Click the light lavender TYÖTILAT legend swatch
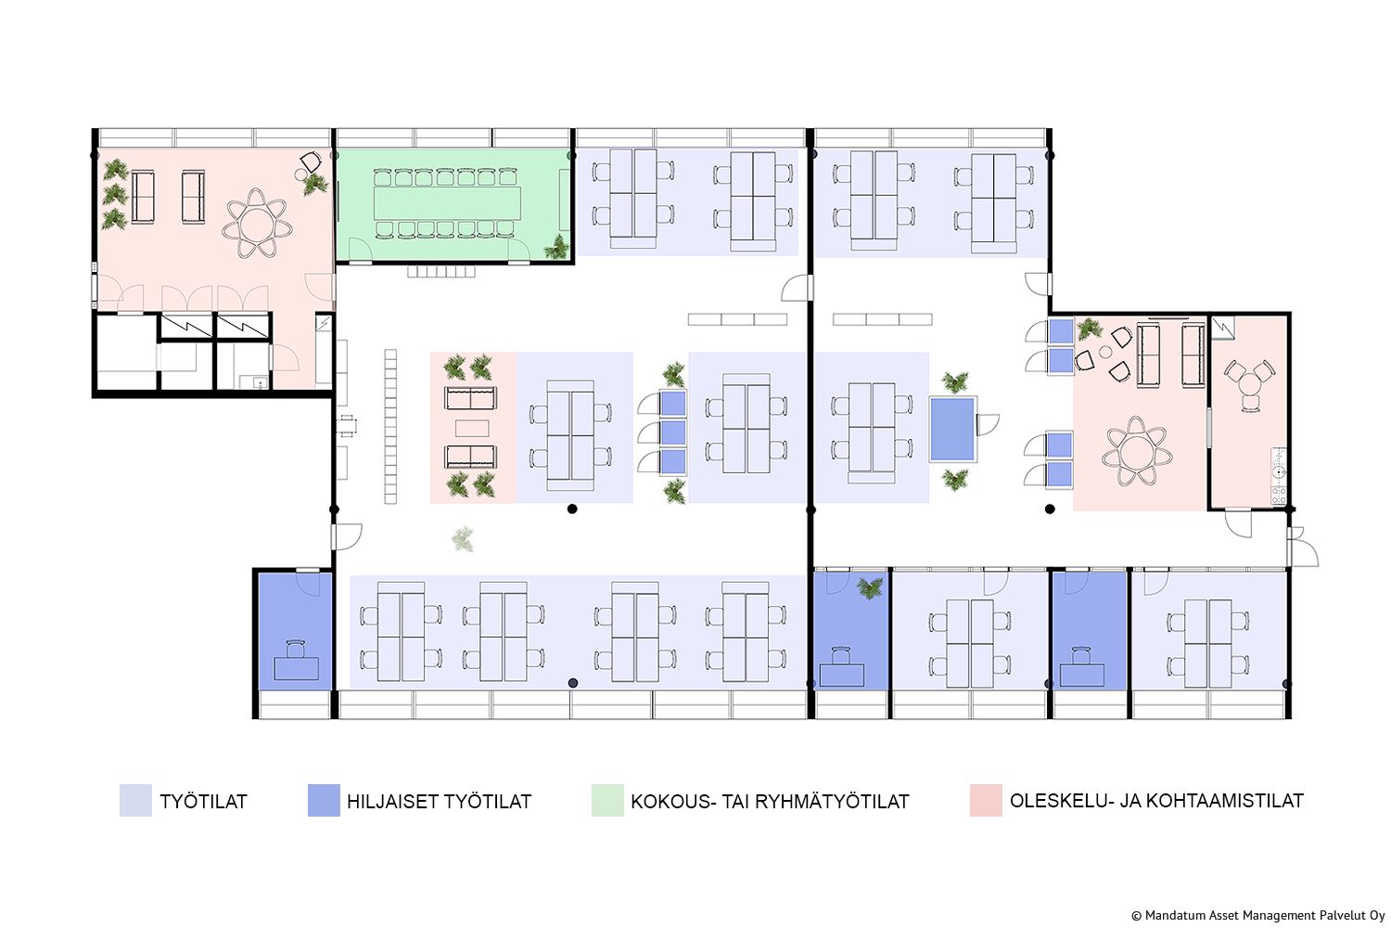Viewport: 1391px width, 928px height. [x=135, y=800]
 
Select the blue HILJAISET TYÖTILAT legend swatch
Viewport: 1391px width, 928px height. [x=324, y=800]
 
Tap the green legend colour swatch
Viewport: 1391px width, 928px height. [x=607, y=800]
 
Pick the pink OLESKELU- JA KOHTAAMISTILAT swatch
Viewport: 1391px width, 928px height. [x=986, y=800]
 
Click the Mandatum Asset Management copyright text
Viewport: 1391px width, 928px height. [x=1258, y=916]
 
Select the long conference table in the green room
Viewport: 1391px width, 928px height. [x=447, y=203]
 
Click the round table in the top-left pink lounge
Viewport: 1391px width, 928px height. [x=257, y=225]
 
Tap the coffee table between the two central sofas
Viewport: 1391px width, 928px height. [x=472, y=428]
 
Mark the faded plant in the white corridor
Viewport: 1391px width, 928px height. [x=463, y=538]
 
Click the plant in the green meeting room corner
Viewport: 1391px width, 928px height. [x=556, y=248]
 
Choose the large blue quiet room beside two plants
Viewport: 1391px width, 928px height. [x=952, y=428]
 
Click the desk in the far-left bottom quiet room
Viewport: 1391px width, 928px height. [x=296, y=668]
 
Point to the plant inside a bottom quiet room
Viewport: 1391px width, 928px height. [x=870, y=587]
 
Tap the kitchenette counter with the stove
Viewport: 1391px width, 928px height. [x=1278, y=476]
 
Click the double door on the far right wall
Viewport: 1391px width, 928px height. [x=1303, y=547]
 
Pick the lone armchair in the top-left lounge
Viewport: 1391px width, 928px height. [x=311, y=162]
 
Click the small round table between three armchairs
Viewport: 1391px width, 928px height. [x=1105, y=353]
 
